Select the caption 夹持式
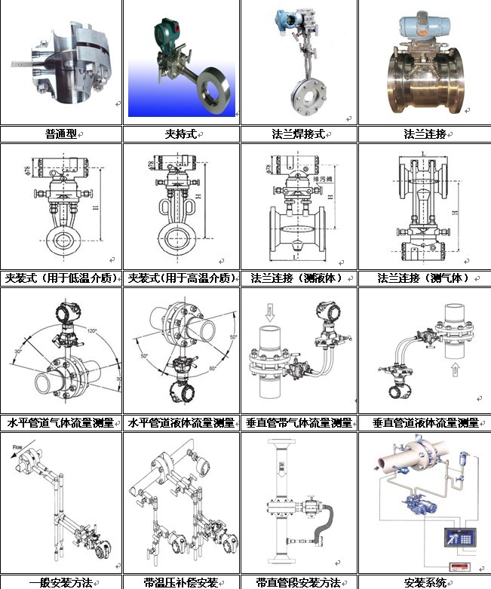181,134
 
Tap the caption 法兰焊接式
298,134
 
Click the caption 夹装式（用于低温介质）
61,278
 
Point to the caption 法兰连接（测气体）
425,278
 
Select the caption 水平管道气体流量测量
61,422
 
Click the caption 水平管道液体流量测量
181,422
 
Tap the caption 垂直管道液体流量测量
425,422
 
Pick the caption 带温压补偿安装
180,582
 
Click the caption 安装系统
425,582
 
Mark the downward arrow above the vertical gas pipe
269,311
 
